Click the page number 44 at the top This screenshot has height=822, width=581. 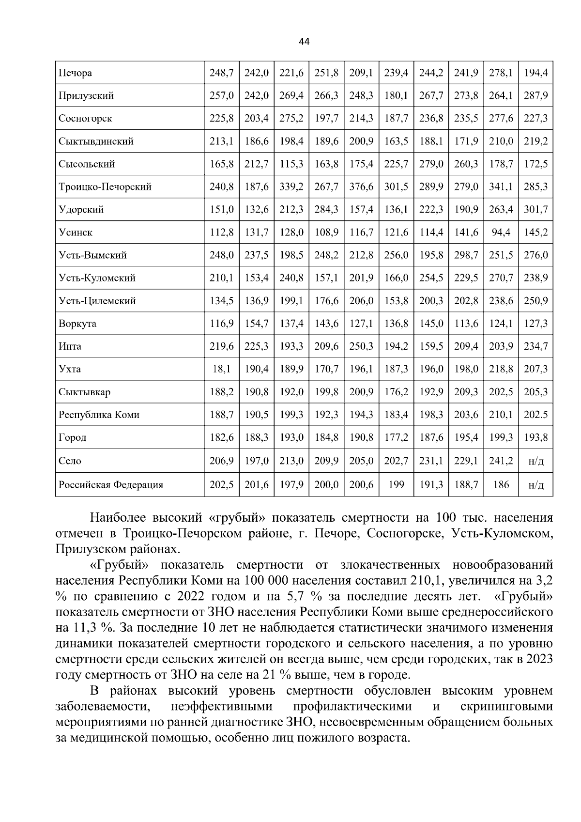coord(304,42)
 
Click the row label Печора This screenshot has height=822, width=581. coord(75,73)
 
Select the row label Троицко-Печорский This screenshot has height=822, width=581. coord(105,187)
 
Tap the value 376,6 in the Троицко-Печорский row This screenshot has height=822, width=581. coord(361,187)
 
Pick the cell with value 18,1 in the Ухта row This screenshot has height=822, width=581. coord(221,370)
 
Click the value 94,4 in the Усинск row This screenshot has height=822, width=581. coord(501,233)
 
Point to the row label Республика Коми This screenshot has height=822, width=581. coord(99,415)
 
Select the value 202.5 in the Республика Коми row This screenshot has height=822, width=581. coord(535,415)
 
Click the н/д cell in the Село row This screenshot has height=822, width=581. coord(535,461)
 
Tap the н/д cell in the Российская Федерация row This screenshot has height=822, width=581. coord(535,485)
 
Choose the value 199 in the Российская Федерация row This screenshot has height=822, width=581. coord(396,485)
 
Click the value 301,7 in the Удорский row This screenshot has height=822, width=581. coord(535,210)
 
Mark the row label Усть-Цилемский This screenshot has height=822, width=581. coord(97,301)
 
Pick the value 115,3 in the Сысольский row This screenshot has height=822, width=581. coord(291,164)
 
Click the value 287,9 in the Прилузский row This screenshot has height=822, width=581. coord(535,96)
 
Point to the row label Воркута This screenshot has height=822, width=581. coord(77,324)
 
